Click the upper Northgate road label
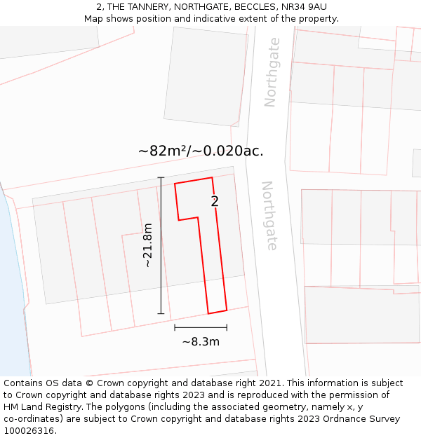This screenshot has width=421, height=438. [x=271, y=72]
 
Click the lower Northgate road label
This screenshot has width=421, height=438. [x=269, y=215]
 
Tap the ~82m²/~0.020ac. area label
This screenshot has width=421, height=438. [x=201, y=151]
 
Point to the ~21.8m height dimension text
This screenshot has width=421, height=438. [x=147, y=245]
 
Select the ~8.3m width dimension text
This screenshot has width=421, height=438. [x=201, y=342]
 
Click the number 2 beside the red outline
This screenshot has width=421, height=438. [x=215, y=201]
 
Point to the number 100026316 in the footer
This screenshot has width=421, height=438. [x=29, y=431]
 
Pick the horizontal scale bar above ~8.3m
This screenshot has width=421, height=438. [x=201, y=327]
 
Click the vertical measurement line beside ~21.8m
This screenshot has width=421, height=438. [x=161, y=245]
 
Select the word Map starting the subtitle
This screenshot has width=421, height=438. [x=93, y=18]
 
